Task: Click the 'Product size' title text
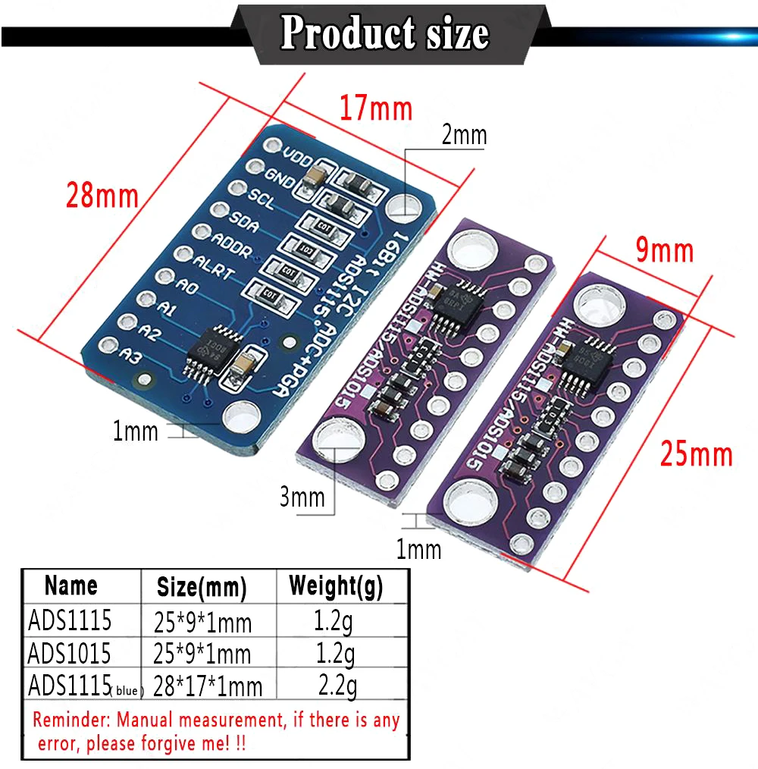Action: pyautogui.click(x=384, y=33)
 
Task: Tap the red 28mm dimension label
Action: pyautogui.click(x=102, y=196)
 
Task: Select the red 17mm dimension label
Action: pyautogui.click(x=375, y=108)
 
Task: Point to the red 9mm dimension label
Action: pyautogui.click(x=665, y=250)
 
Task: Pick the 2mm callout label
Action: pyautogui.click(x=464, y=136)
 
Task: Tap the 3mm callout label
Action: pyautogui.click(x=302, y=497)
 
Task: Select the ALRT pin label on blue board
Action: pyautogui.click(x=214, y=268)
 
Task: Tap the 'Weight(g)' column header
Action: pyautogui.click(x=336, y=585)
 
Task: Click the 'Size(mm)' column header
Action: pyautogui.click(x=202, y=586)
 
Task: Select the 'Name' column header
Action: pyautogui.click(x=71, y=585)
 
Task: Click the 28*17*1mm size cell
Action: pyautogui.click(x=208, y=686)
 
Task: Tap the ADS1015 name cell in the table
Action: pyautogui.click(x=69, y=652)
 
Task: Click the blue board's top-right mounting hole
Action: pyautogui.click(x=405, y=205)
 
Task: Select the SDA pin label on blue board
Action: pyautogui.click(x=243, y=225)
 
